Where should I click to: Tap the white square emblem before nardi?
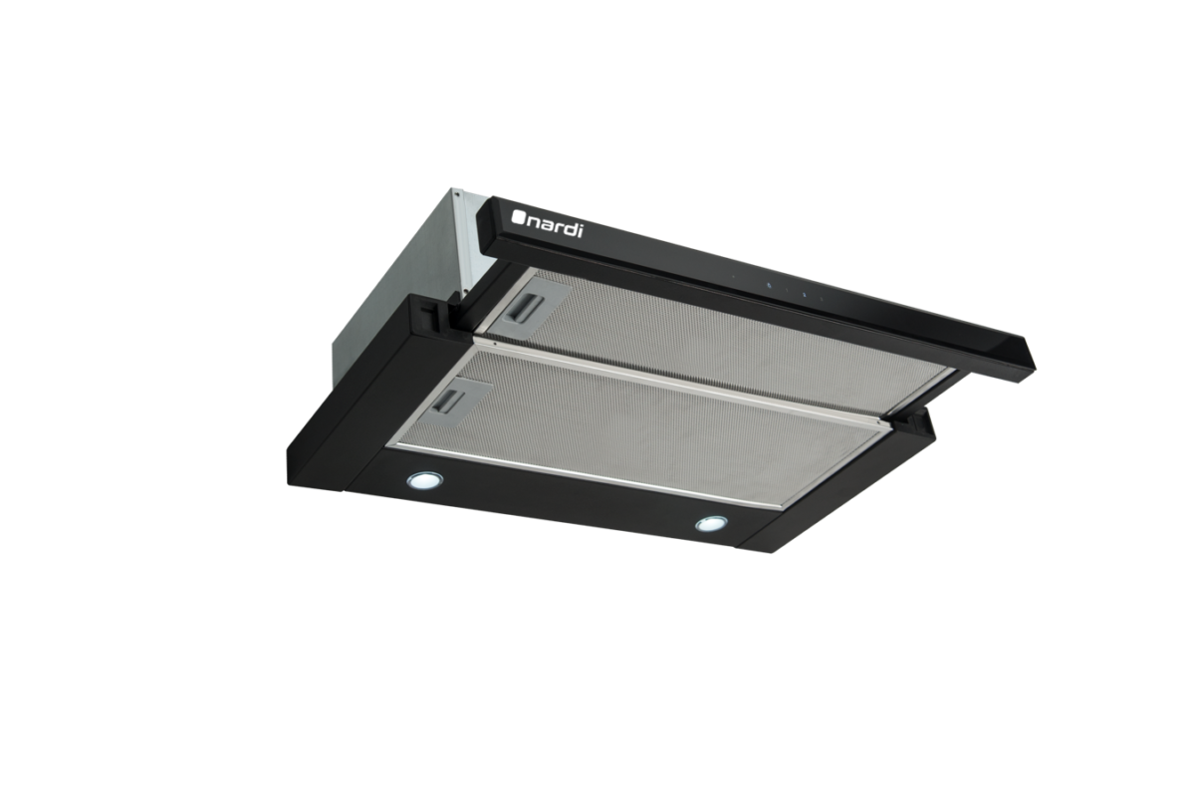click(518, 217)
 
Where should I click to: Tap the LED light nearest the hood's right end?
click(711, 524)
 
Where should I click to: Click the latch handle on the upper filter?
click(527, 308)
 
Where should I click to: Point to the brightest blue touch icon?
click(769, 286)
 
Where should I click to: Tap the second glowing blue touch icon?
click(804, 294)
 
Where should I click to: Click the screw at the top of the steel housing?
click(456, 194)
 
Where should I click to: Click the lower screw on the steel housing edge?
click(465, 292)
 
